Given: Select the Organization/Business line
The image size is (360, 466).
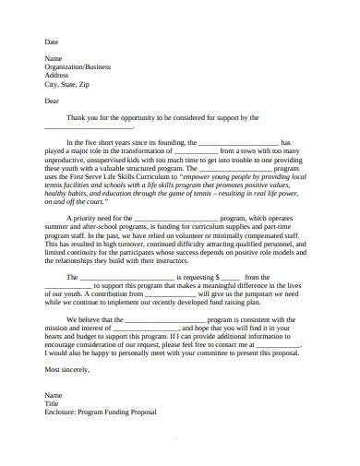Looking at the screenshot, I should (x=78, y=66).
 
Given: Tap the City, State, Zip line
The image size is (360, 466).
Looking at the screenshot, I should (x=67, y=84).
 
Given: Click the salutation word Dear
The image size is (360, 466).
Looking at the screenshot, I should (x=53, y=101).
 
